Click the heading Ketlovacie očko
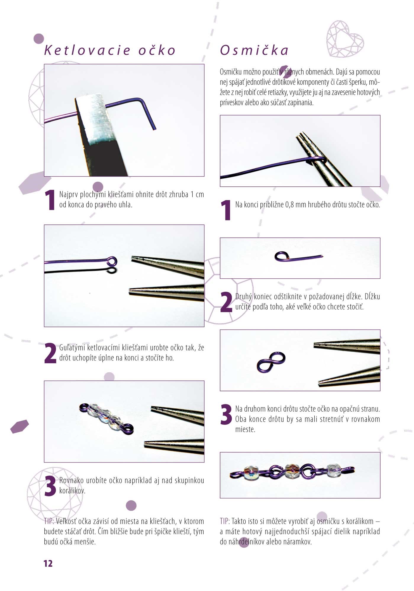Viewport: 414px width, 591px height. (110, 50)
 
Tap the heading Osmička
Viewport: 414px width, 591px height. (254, 50)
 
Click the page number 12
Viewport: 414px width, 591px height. (48, 564)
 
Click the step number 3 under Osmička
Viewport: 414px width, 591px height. (226, 415)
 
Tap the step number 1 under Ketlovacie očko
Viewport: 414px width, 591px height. (50, 200)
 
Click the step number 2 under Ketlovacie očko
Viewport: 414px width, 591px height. (50, 353)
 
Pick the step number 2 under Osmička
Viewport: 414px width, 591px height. (226, 302)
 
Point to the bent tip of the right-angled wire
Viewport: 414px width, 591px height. (154, 129)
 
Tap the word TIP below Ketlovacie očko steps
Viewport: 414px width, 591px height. (49, 522)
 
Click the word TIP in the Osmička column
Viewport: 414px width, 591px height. (225, 522)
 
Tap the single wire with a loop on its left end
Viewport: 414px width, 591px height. (298, 256)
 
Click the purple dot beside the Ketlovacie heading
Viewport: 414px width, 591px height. (39, 38)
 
